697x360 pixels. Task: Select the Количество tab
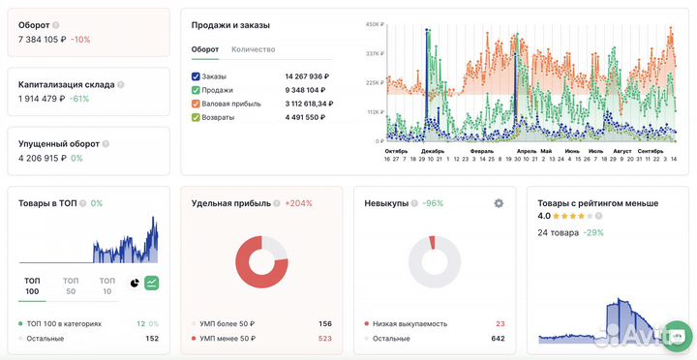tap(255, 48)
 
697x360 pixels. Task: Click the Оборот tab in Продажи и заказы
tap(205, 48)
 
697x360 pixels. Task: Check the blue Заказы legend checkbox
tap(196, 75)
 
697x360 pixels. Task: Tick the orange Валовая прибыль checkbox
tap(196, 104)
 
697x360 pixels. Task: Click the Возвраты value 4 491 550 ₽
tap(307, 117)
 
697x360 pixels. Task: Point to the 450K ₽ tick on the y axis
tap(373, 24)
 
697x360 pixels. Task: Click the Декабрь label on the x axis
tap(432, 151)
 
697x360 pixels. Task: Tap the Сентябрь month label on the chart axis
tap(651, 151)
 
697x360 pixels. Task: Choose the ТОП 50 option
tap(71, 285)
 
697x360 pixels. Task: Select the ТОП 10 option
tap(106, 285)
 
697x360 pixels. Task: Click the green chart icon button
tap(152, 284)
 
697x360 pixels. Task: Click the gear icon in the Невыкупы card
tap(499, 203)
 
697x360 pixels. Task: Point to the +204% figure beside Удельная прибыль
tap(298, 203)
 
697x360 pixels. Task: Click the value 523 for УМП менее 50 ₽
tap(324, 339)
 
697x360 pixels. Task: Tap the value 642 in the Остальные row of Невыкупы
tap(498, 339)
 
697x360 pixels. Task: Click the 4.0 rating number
tap(544, 217)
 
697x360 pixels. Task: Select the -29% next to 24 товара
tap(592, 232)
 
